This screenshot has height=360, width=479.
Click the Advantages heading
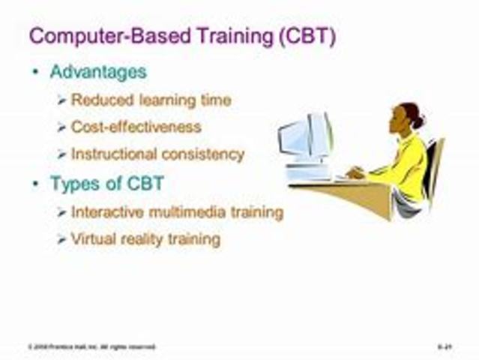tap(98, 72)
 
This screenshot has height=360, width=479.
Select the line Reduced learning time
tap(151, 100)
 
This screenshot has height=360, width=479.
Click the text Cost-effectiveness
tap(136, 127)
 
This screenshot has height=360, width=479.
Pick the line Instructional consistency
tap(157, 154)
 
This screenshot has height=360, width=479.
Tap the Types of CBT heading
tap(106, 184)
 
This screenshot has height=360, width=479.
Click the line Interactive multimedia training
tap(177, 212)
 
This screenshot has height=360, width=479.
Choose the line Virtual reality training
tap(145, 239)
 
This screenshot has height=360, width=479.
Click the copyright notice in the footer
tap(82, 347)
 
